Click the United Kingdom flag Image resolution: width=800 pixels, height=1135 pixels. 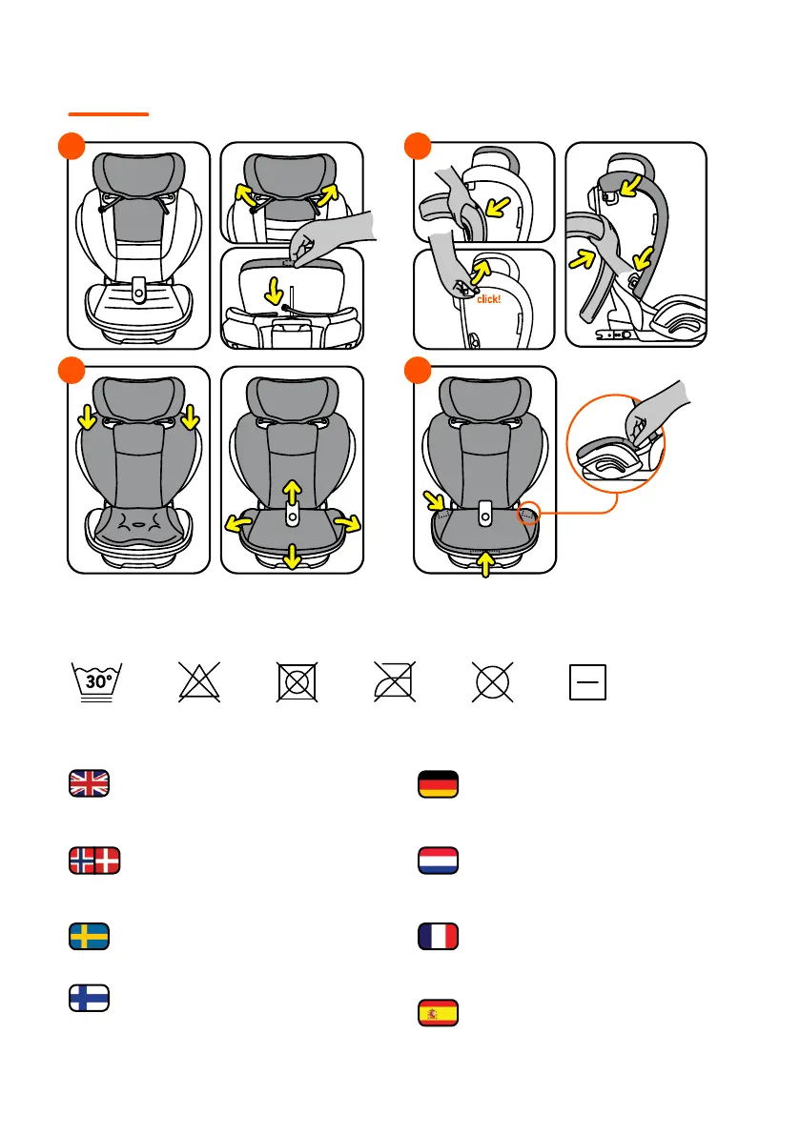[x=90, y=782]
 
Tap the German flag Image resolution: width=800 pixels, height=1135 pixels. [x=439, y=783]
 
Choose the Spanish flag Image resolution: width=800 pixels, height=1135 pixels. [x=439, y=1013]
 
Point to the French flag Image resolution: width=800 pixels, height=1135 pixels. [x=439, y=937]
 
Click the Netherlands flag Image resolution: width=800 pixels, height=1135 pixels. [x=439, y=861]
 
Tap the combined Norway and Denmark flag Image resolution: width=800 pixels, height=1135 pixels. [x=94, y=861]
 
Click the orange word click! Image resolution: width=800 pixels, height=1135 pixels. [x=486, y=298]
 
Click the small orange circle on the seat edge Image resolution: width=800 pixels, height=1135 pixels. [x=528, y=515]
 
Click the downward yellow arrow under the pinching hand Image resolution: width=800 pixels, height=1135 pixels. [x=277, y=288]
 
